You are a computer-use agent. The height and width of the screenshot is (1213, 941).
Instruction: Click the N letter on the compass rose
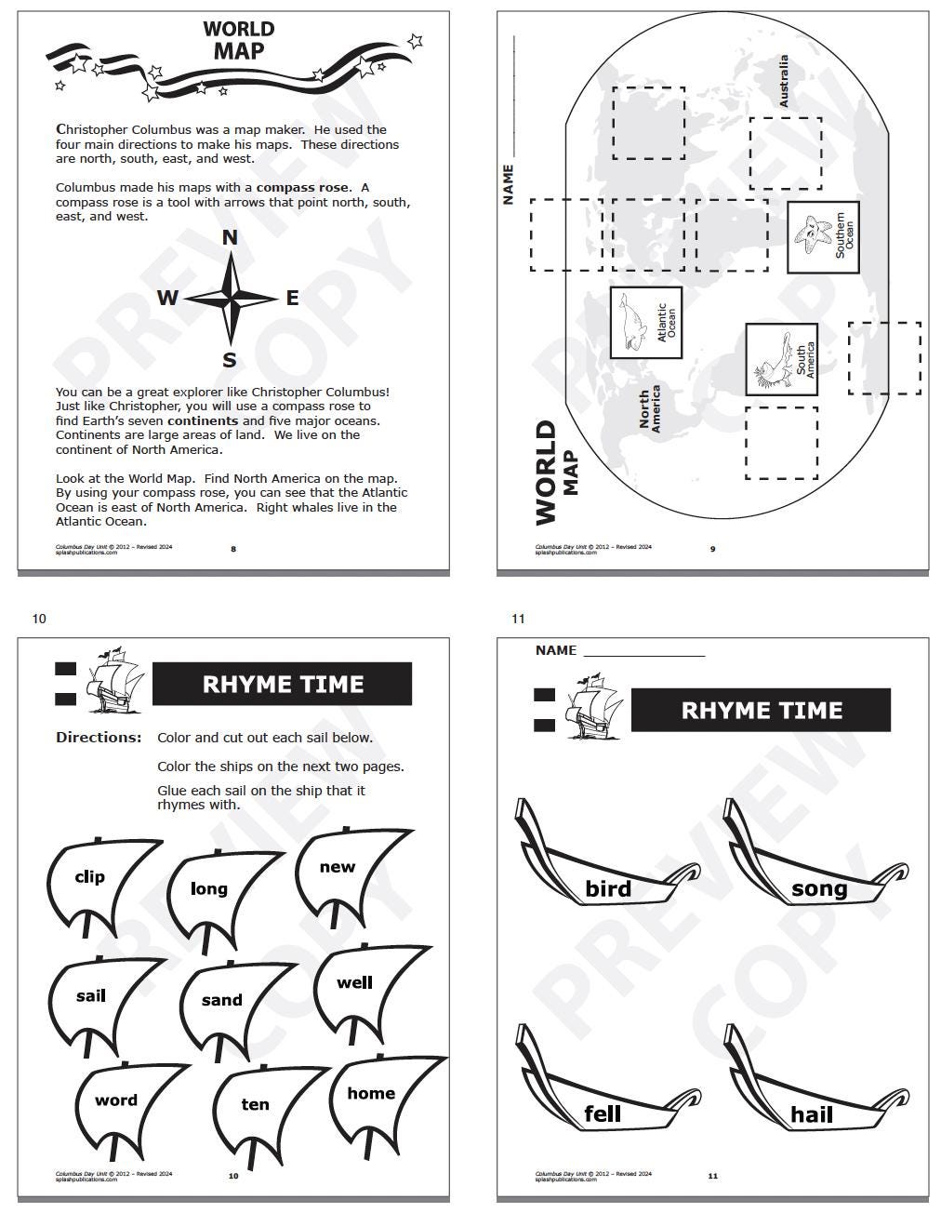tap(230, 238)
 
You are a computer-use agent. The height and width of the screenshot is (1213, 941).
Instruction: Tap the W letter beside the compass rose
tap(167, 298)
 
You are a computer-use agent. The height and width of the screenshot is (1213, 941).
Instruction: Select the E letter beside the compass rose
tap(292, 298)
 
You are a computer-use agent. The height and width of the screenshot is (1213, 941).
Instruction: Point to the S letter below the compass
tap(229, 361)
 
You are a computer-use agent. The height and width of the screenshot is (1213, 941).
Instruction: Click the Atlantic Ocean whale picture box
tap(644, 323)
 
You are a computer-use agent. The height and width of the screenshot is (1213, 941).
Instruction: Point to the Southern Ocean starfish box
tap(823, 237)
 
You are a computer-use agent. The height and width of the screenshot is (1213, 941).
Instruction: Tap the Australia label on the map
tap(783, 81)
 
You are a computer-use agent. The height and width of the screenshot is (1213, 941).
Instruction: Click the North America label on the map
tap(649, 409)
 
